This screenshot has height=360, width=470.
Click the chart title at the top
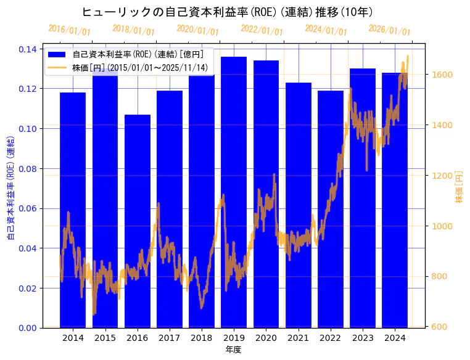[x=228, y=12]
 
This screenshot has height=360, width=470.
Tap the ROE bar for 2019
[x=234, y=192]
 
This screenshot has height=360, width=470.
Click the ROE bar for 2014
[x=73, y=210]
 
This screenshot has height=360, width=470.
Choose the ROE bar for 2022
[x=331, y=209]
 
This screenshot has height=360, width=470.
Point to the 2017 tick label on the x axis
[x=169, y=338]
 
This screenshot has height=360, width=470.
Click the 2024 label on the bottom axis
[x=395, y=338]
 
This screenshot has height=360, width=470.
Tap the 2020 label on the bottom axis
[x=266, y=338]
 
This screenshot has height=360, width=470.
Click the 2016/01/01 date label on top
[x=69, y=30]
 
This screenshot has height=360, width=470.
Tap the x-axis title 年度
[x=233, y=350]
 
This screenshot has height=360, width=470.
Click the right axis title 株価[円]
[x=459, y=187]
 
